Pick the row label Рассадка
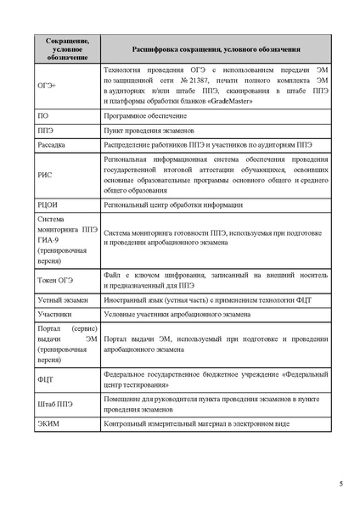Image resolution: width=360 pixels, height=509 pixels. (x=52, y=145)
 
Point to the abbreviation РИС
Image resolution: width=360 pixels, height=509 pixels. (x=46, y=175)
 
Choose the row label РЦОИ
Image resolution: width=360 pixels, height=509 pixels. (x=48, y=205)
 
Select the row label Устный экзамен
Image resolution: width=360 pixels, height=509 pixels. (x=63, y=299)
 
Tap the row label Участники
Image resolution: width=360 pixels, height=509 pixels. (x=55, y=314)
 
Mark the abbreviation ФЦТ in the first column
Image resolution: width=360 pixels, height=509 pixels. (x=47, y=379)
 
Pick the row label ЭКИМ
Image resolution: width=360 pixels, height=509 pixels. (x=48, y=423)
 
